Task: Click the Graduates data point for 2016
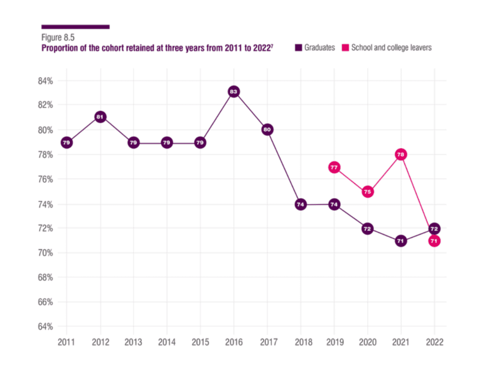(234, 92)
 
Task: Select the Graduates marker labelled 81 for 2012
(100, 117)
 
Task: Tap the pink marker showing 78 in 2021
(401, 154)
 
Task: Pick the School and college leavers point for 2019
(334, 167)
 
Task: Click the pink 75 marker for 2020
(368, 192)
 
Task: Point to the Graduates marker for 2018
(301, 204)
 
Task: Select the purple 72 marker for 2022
(434, 229)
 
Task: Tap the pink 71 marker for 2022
(434, 241)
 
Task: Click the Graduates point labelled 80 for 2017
(267, 129)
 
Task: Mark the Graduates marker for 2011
(66, 142)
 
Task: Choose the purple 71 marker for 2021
(401, 241)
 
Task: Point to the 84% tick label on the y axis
(45, 81)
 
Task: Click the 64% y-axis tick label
(45, 326)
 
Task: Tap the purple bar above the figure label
(75, 27)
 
